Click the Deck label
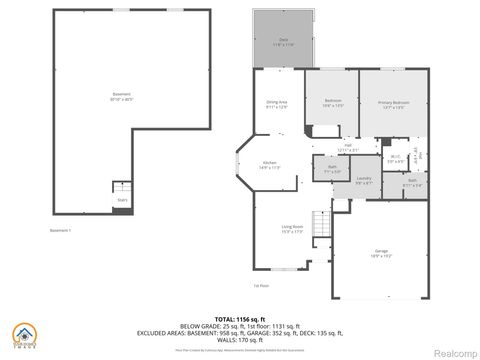click(x=284, y=42)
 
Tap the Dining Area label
click(x=276, y=104)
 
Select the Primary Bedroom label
click(x=391, y=104)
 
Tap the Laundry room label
click(x=364, y=181)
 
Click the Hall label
click(x=348, y=148)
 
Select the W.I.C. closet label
click(x=395, y=158)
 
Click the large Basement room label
click(x=121, y=97)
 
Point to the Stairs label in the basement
click(x=123, y=200)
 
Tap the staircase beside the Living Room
click(x=322, y=222)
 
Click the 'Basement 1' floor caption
click(x=61, y=231)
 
